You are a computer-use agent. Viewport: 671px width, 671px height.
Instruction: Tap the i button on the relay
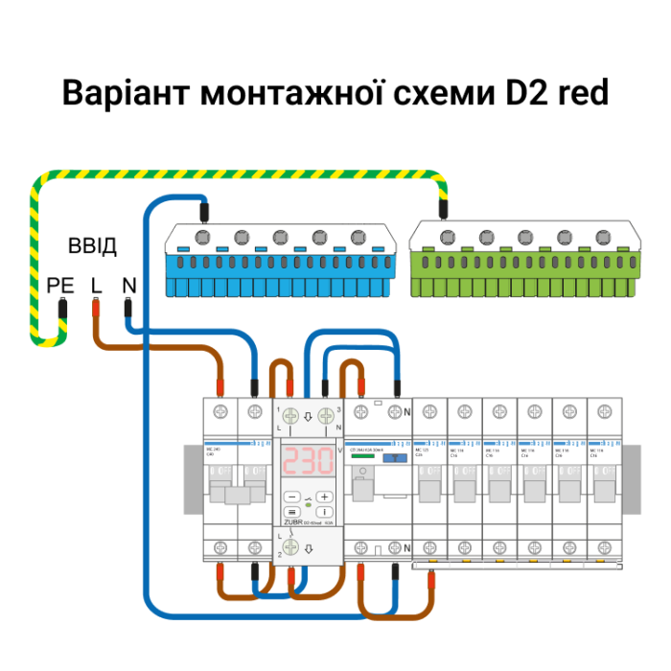pyautogui.click(x=326, y=513)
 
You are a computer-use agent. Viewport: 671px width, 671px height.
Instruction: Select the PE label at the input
pyautogui.click(x=60, y=285)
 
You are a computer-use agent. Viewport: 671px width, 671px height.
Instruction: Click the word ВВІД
pyautogui.click(x=92, y=247)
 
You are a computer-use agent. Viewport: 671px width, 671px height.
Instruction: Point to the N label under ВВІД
pyautogui.click(x=128, y=285)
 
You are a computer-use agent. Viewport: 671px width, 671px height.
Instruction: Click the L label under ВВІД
pyautogui.click(x=96, y=285)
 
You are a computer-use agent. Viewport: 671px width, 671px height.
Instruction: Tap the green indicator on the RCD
pyautogui.click(x=362, y=457)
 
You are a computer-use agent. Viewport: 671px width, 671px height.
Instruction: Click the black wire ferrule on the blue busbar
pyautogui.click(x=204, y=210)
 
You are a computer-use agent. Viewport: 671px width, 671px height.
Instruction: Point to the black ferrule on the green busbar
pyautogui.click(x=442, y=208)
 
